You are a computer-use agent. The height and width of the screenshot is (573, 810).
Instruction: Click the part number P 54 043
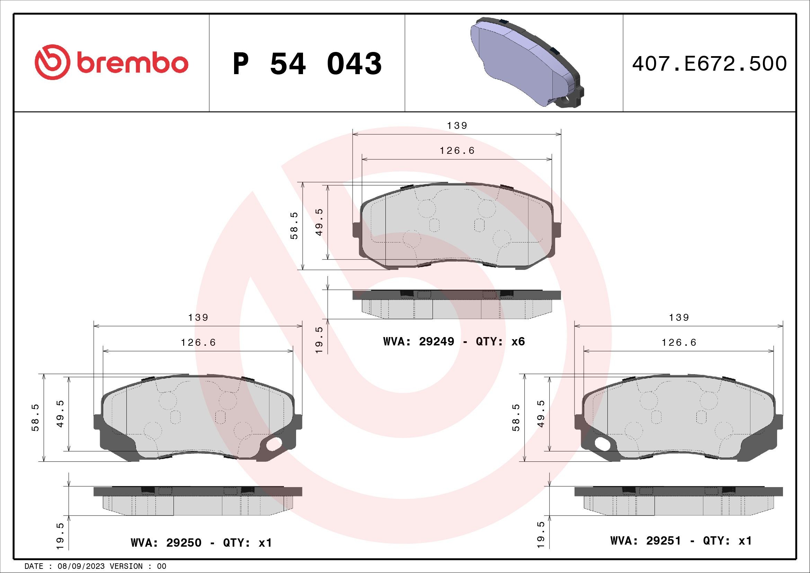pos(307,64)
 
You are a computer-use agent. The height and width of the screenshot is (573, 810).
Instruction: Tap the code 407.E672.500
pos(709,64)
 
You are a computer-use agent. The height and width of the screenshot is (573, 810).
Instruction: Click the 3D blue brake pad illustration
pos(526,62)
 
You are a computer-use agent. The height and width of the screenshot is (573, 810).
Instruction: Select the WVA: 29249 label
pos(419,342)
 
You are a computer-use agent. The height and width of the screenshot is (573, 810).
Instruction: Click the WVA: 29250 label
pos(166,543)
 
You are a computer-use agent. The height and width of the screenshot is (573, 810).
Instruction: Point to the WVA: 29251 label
pos(646,541)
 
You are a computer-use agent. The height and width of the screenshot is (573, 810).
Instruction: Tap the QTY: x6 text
pos(500,342)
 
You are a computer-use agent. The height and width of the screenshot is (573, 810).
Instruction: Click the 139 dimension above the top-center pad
pos(457,126)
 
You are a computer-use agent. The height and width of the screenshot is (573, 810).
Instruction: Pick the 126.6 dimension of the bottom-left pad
pos(198,343)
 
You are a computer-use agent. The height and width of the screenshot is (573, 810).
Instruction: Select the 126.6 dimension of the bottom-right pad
pos(679,343)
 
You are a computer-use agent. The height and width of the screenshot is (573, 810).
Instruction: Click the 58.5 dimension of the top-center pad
pos(294,226)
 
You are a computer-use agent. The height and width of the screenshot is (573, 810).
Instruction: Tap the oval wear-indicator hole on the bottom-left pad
pos(274,444)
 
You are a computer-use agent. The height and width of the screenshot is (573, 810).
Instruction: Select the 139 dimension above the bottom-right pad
pos(679,318)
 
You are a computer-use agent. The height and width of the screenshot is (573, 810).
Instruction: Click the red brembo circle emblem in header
pos(51,62)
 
